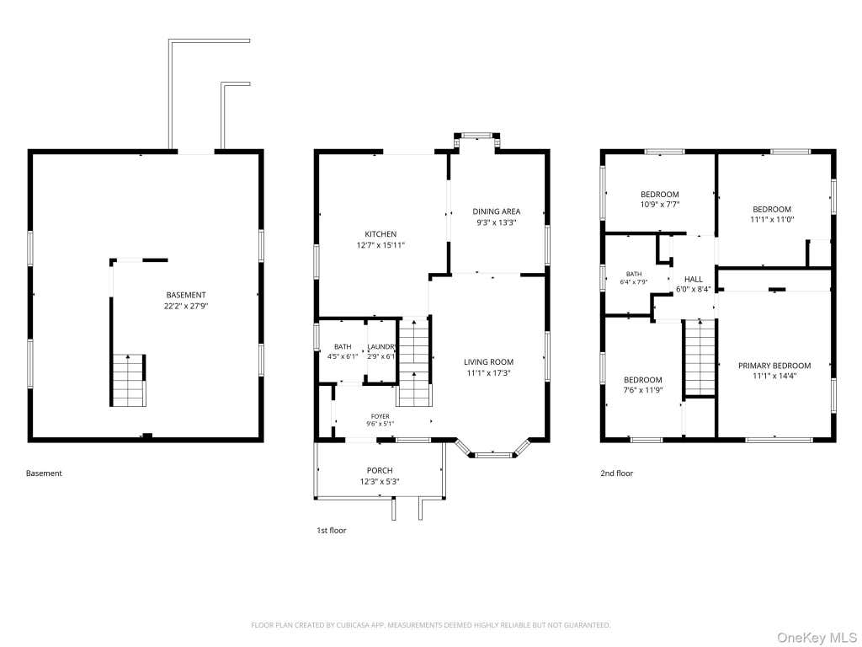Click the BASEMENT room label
pos(186,295)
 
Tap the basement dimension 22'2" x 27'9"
pos(186,306)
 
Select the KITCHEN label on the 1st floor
pos(380,234)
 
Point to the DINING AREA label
pos(497,211)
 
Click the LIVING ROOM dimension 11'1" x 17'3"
pos(489,372)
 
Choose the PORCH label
pos(380,470)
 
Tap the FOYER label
pos(380,416)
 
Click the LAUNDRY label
pos(381,346)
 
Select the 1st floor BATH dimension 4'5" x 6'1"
pos(343,356)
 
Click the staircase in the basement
pos(129,380)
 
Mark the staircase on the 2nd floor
pos(700,357)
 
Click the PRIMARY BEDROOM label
pos(774,366)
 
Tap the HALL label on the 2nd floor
pos(694,279)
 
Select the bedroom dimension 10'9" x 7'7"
pos(660,204)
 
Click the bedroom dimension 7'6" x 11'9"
pos(642,390)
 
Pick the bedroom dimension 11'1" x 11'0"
pos(772,219)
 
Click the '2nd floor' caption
pos(616,473)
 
